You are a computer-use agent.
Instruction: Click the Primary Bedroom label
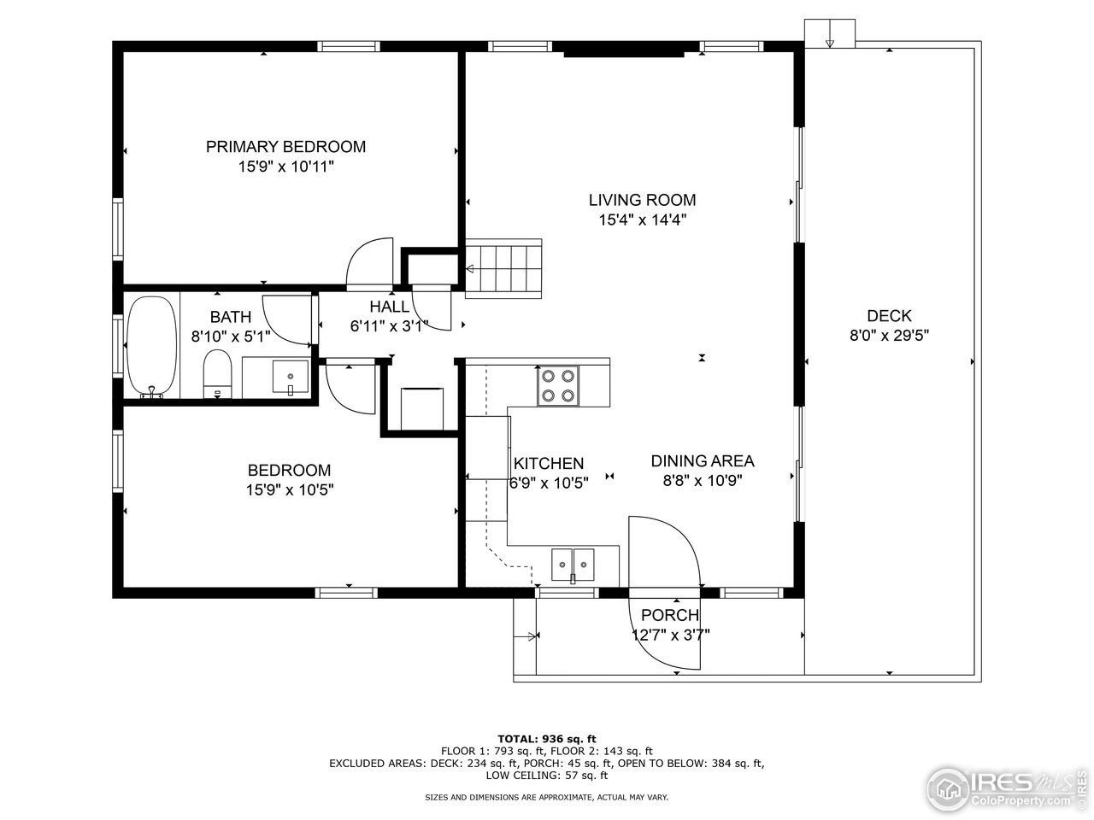(x=285, y=147)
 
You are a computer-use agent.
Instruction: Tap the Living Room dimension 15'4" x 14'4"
(x=643, y=220)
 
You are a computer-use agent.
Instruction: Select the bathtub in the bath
(x=151, y=347)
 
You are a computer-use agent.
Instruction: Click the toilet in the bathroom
(x=218, y=373)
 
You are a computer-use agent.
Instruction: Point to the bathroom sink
(x=290, y=377)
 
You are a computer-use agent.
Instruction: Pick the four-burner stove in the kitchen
(x=558, y=386)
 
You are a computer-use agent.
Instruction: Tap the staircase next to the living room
(x=503, y=269)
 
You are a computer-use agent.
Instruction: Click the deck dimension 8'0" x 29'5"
(x=889, y=336)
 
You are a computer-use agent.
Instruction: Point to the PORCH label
(x=670, y=615)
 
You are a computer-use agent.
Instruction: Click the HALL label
(x=389, y=306)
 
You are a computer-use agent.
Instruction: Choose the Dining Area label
(x=703, y=461)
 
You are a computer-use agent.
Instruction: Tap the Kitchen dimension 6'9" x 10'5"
(x=549, y=483)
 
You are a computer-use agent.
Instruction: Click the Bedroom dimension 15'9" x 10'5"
(x=290, y=490)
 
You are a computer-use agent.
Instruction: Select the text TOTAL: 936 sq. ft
(x=547, y=739)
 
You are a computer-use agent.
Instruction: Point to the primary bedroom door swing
(x=370, y=264)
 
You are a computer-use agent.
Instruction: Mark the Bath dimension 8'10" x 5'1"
(x=231, y=337)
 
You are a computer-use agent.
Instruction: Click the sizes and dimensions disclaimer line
(x=546, y=798)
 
